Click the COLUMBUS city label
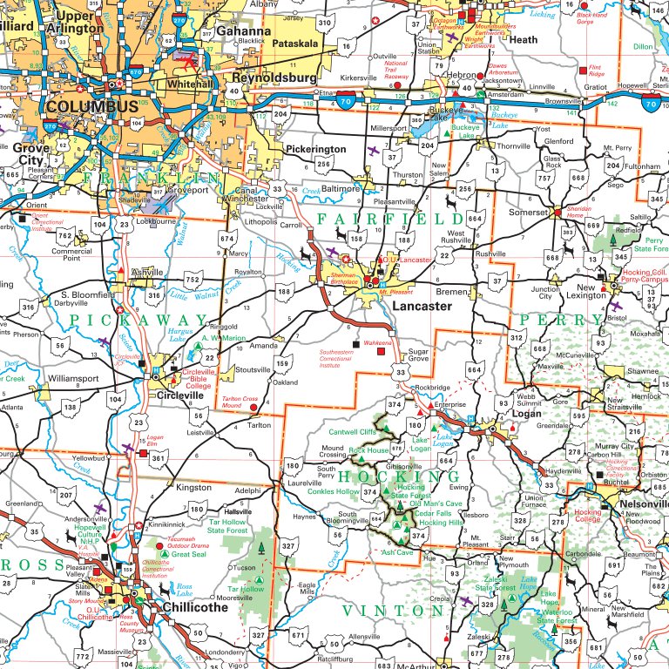[x=92, y=106]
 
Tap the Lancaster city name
[x=422, y=307]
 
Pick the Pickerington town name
[x=315, y=150]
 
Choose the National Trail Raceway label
[x=396, y=70]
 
